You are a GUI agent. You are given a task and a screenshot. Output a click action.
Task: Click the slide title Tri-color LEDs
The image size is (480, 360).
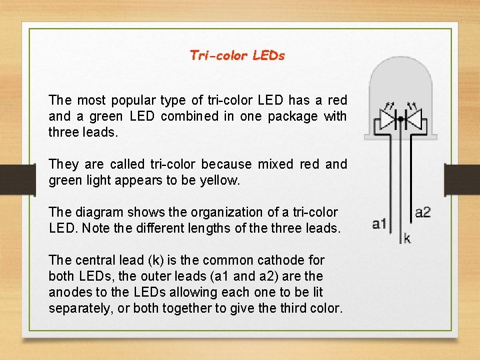coord(237,55)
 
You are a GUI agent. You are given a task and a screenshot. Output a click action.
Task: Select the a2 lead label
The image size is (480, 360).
coord(423,213)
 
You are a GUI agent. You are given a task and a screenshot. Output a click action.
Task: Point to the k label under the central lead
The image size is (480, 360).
coord(407,238)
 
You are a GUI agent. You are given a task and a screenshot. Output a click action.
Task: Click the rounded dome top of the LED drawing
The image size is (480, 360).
coord(401,73)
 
